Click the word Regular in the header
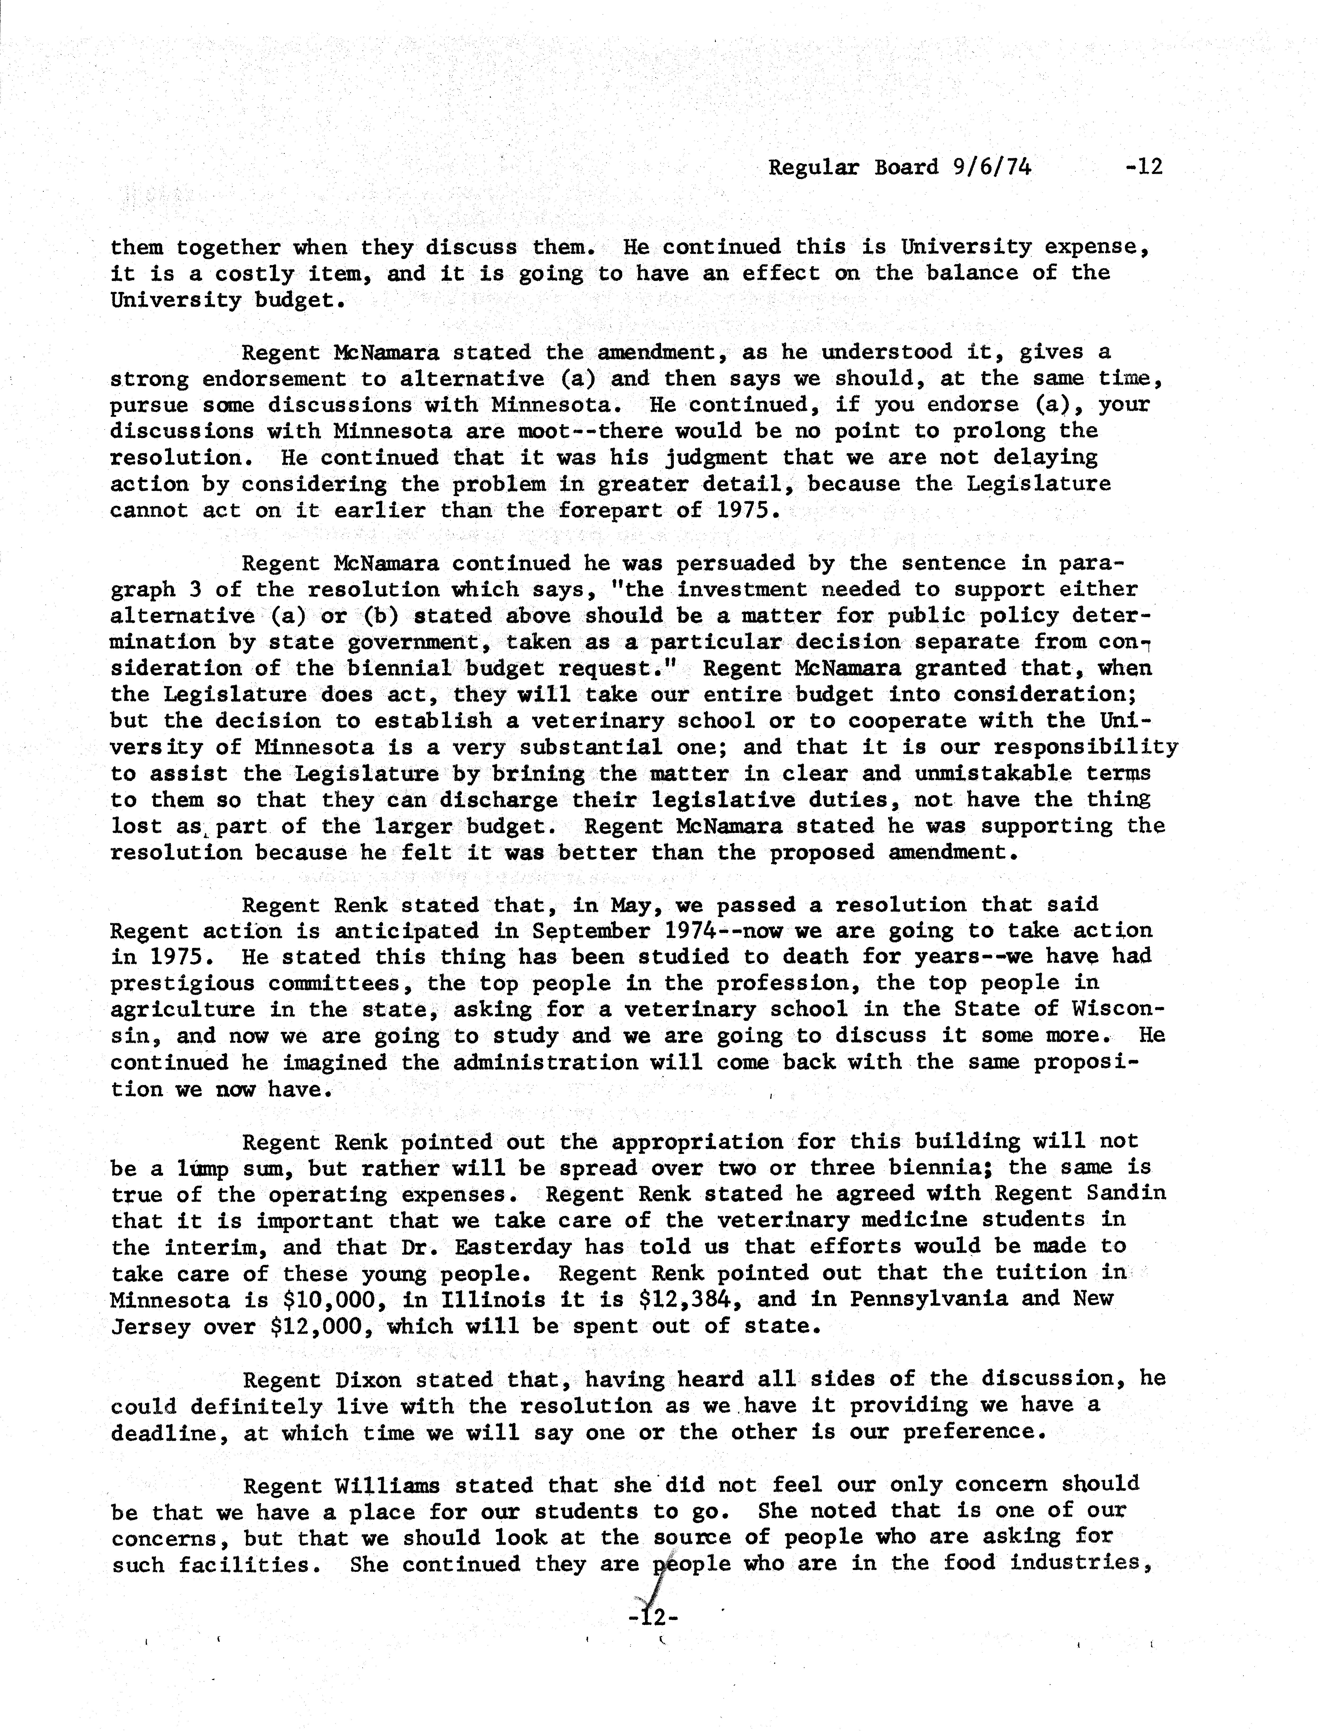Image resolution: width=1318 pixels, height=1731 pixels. click(813, 167)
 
